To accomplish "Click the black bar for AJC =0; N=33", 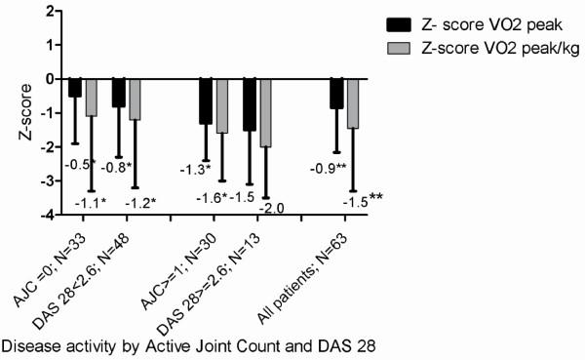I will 75,88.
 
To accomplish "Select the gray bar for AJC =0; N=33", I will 93,97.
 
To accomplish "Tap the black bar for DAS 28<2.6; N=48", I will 118,93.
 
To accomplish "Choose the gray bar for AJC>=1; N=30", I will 222,105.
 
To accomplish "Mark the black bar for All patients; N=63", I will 335,94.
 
